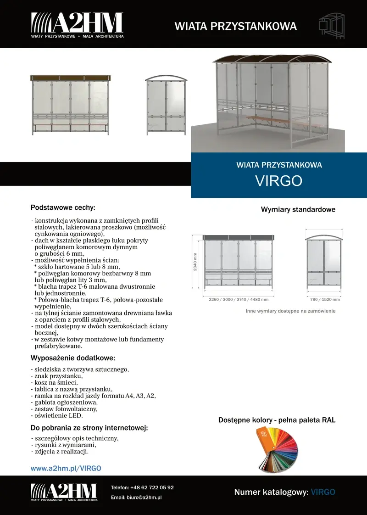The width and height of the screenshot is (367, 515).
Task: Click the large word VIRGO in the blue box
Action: tap(278, 180)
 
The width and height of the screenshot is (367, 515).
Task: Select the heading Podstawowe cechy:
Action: tap(63, 207)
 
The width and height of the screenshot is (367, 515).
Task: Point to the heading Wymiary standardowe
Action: tap(298, 210)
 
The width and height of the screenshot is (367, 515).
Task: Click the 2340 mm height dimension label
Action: tap(195, 262)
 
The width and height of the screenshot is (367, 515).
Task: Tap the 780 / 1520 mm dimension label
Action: tap(325, 300)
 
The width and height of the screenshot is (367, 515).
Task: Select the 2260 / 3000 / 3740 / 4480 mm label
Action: tap(239, 300)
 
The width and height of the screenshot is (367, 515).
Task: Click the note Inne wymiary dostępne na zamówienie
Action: tap(290, 311)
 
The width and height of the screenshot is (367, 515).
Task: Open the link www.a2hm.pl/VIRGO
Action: tap(66, 468)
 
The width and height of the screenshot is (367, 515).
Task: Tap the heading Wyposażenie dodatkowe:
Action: tap(72, 358)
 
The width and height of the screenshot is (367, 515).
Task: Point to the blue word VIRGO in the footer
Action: tap(323, 492)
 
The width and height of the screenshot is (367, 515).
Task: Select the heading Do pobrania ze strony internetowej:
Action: tap(89, 428)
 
